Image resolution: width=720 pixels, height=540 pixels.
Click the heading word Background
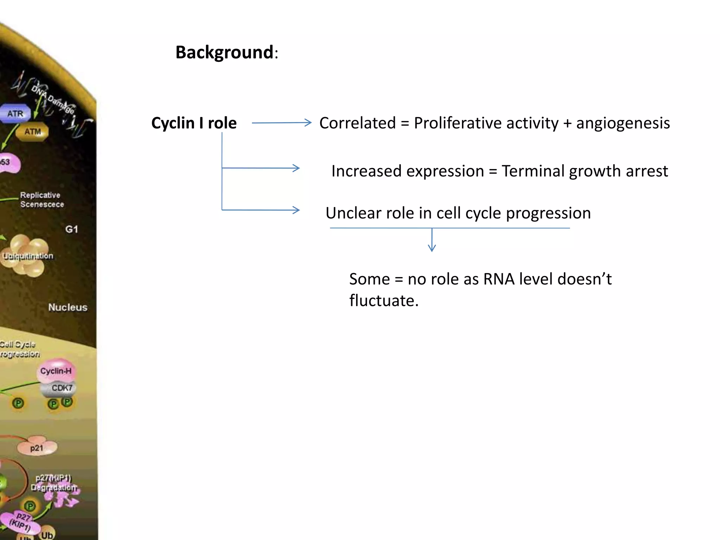point(224,53)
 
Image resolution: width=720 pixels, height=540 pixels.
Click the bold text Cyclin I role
point(194,123)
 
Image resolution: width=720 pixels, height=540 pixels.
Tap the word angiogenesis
point(623,123)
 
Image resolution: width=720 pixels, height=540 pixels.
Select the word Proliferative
point(486,123)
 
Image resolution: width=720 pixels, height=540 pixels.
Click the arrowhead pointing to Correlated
point(308,122)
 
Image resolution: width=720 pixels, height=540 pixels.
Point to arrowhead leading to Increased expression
point(296,168)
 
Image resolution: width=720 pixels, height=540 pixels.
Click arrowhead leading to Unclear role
point(296,210)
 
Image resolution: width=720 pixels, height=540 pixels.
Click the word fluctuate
point(384,301)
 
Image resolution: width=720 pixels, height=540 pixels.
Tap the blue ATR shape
point(15,114)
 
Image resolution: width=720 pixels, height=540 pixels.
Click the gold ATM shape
point(32,131)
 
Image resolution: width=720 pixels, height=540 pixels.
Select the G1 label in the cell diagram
point(71,229)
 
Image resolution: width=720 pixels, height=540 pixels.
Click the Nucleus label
point(67,307)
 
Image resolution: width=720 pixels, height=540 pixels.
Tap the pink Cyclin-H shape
point(56,371)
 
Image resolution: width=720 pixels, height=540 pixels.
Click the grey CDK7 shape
point(61,388)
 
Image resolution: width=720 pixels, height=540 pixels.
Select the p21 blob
point(37,448)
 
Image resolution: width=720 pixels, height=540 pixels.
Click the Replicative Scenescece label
point(41,200)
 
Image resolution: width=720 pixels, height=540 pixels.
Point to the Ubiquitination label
point(28,256)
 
